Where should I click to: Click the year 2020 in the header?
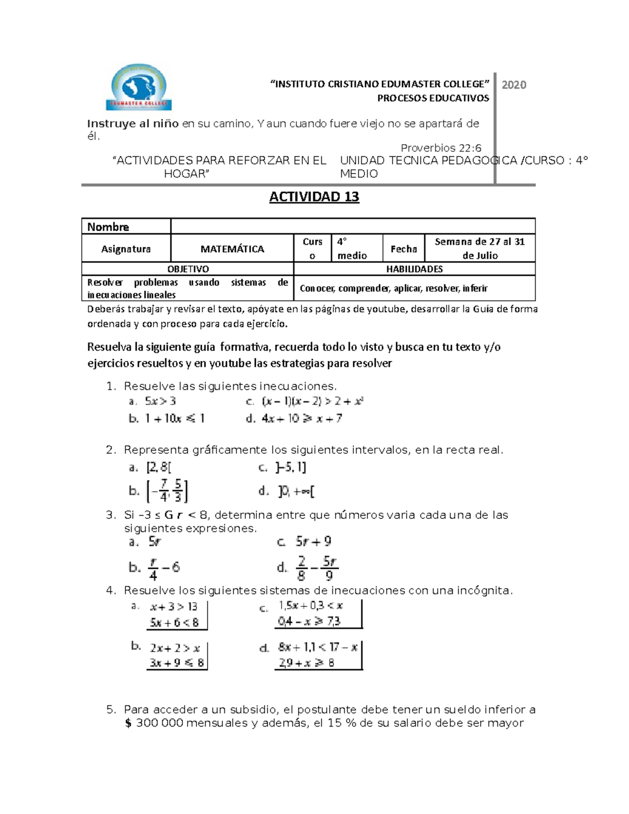coord(514,85)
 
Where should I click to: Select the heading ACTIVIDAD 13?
coord(314,197)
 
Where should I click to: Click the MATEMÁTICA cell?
coord(232,249)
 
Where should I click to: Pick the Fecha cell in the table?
coord(404,249)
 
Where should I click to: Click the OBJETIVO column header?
coord(188,269)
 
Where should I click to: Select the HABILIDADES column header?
coord(414,269)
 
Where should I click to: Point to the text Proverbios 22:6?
coord(441,148)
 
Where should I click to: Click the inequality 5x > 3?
coord(160,401)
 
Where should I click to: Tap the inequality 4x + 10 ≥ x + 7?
coord(302,418)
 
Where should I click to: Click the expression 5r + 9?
coord(313,541)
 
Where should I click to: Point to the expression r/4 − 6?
coord(164,568)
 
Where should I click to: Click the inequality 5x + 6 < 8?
coord(175,623)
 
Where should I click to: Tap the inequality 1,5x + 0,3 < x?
coord(310,606)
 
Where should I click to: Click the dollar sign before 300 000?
coord(128,723)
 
